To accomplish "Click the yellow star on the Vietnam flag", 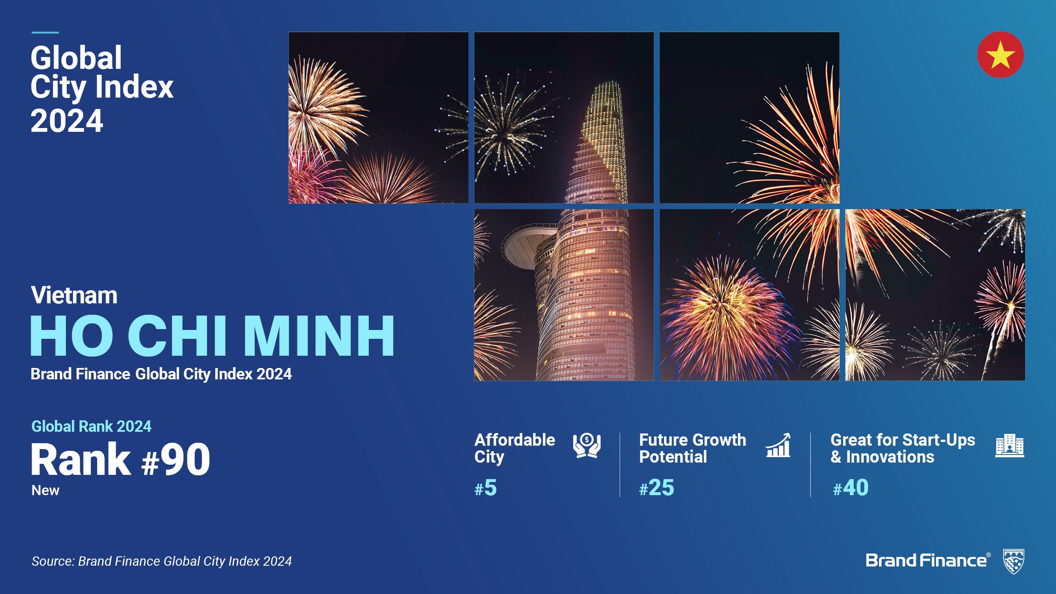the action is (1000, 55).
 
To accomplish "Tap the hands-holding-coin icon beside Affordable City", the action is (587, 445).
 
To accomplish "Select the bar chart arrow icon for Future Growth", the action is (778, 445).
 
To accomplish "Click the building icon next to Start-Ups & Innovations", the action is (1010, 445).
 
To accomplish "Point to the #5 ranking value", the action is (485, 488).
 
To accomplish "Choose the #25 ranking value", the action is (656, 488).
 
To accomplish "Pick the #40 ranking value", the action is (850, 488).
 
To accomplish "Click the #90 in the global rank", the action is (175, 460).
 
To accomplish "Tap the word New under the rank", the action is (45, 490).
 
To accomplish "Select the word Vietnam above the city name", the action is (74, 295).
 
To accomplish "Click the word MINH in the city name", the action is (319, 336).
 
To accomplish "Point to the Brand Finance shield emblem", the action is (1014, 561).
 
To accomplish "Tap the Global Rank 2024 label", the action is (91, 426).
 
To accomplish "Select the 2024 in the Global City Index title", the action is (67, 121).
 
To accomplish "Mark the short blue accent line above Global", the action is (45, 32).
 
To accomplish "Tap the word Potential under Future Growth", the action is (673, 457).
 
